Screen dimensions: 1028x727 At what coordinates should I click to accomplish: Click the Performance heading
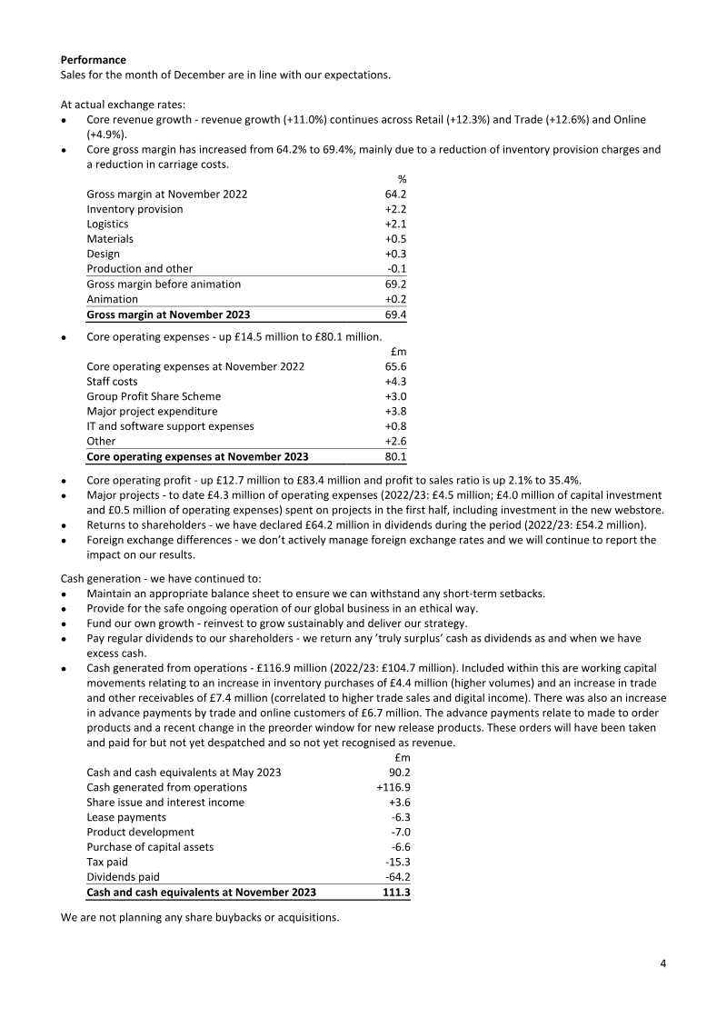coord(94,59)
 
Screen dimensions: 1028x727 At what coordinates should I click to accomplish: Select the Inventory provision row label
coord(134,209)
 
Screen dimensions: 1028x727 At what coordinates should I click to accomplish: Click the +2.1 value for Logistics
coord(395,225)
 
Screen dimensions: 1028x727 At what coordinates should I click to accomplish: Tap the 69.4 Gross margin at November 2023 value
coord(395,314)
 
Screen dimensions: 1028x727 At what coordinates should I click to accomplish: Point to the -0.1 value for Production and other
coord(396,269)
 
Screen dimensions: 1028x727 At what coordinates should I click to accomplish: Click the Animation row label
coord(112,299)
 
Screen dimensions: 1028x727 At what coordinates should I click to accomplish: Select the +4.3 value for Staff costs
coord(395,382)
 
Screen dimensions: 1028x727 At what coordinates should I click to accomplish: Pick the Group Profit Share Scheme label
coord(154,396)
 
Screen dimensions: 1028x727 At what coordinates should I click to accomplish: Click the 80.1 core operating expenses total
coord(395,456)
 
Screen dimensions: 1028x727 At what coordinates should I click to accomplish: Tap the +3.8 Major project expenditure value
coord(395,412)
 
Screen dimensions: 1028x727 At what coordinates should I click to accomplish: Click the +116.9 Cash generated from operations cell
coord(393,787)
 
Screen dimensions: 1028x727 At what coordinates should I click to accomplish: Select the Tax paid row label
coord(107,862)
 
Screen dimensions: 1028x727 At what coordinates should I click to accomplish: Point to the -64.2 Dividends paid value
coord(396,877)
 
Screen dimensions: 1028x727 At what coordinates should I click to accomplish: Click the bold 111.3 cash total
coord(396,893)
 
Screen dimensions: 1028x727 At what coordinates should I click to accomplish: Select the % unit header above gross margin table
coord(401,179)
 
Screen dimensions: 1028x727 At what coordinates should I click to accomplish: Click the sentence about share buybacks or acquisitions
coord(200,916)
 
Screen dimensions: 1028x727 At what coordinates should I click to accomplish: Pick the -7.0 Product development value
coord(399,832)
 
